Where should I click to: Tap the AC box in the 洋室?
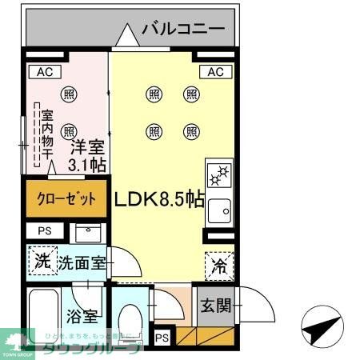point(44,72)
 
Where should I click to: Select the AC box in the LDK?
point(214,72)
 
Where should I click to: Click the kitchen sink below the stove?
point(218,210)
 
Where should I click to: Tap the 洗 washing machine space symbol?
point(43,260)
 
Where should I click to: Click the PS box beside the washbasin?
point(43,231)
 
